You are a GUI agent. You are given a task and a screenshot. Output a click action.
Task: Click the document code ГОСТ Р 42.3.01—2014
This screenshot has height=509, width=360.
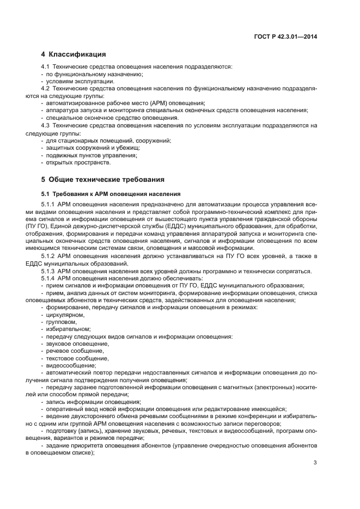tap(285, 36)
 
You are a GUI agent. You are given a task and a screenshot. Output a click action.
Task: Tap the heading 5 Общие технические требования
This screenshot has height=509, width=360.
tap(102, 179)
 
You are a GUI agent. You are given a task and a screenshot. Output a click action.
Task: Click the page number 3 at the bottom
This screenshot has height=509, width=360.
tap(315, 463)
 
